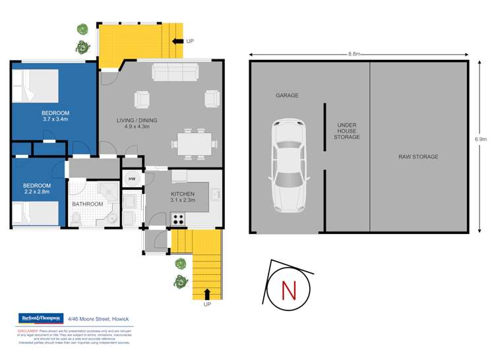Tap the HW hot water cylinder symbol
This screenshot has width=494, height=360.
[131, 179]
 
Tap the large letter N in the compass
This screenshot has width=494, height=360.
[288, 289]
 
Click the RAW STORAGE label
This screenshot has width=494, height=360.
[418, 157]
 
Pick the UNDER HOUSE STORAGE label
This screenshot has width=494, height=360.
[348, 131]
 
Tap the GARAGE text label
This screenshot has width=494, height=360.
[287, 96]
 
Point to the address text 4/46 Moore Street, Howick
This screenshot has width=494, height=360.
[98, 319]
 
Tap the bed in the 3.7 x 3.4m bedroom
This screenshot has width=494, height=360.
[34, 86]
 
